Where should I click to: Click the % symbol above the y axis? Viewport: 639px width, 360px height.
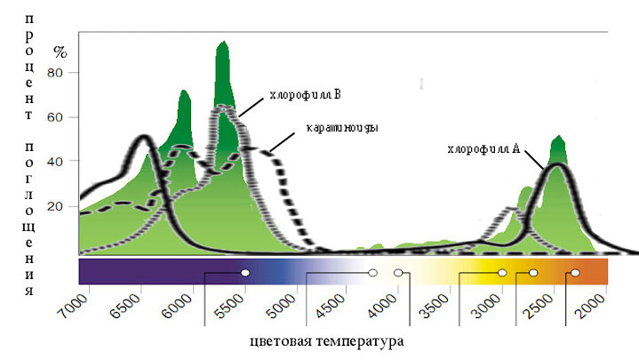click(x=60, y=51)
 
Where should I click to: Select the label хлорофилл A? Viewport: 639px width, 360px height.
click(x=483, y=148)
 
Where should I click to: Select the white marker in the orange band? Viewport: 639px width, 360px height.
click(x=575, y=273)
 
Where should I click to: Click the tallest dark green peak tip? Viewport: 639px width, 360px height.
click(x=223, y=42)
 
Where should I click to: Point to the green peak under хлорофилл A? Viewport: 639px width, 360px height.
click(x=558, y=137)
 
